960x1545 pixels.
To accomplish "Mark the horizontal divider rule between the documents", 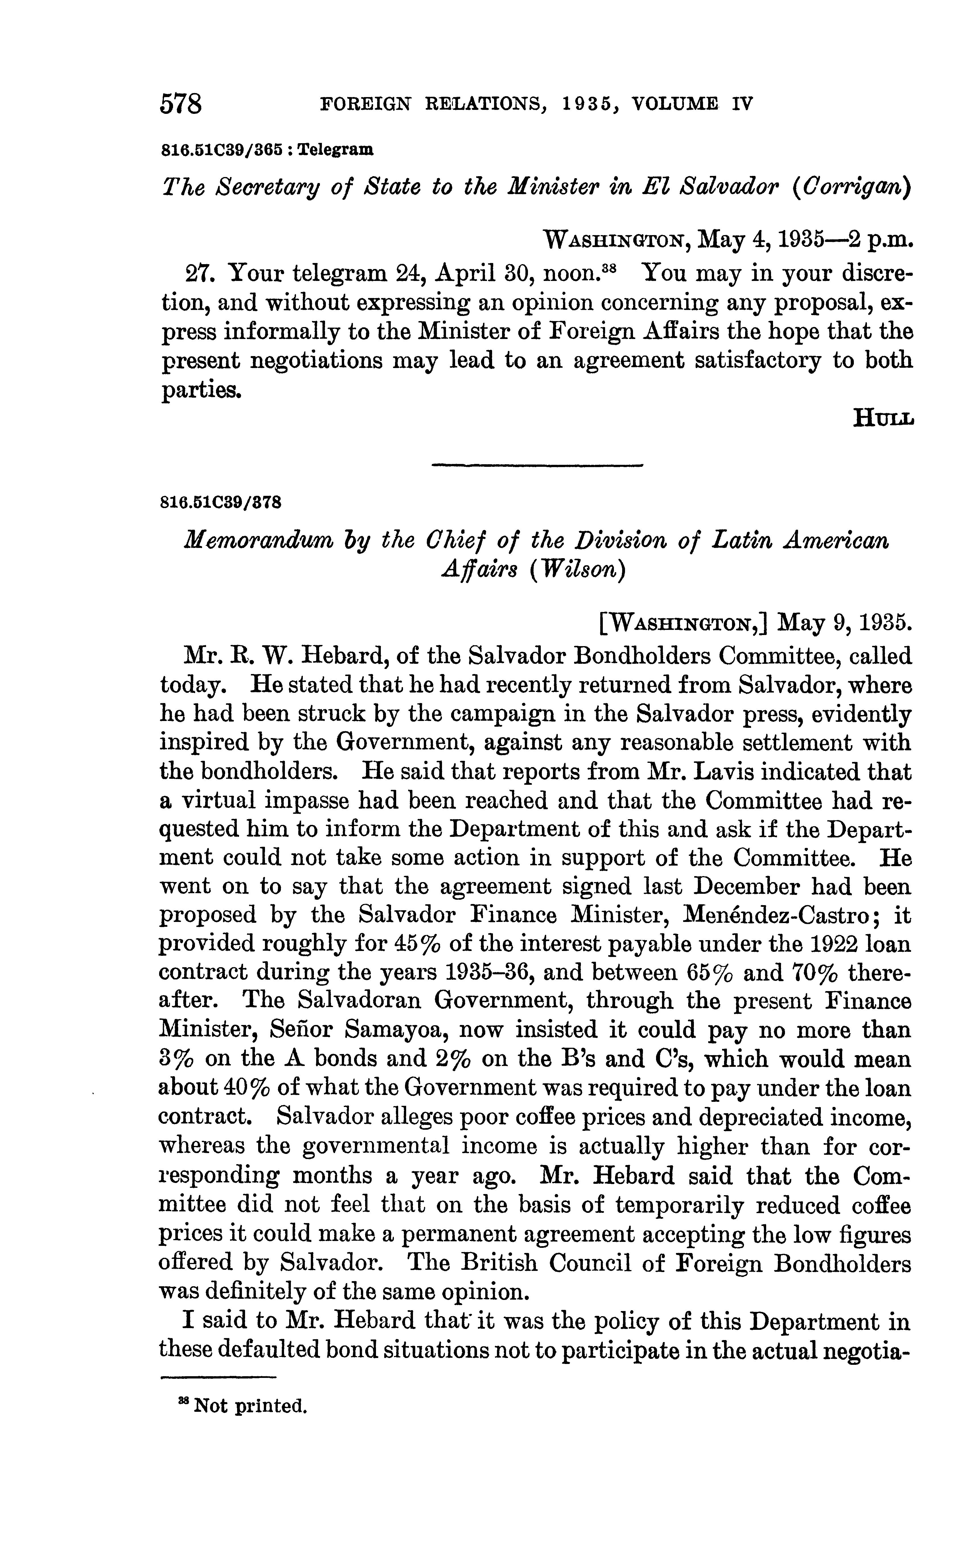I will tap(537, 465).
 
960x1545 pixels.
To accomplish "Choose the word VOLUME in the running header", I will tap(670, 104).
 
